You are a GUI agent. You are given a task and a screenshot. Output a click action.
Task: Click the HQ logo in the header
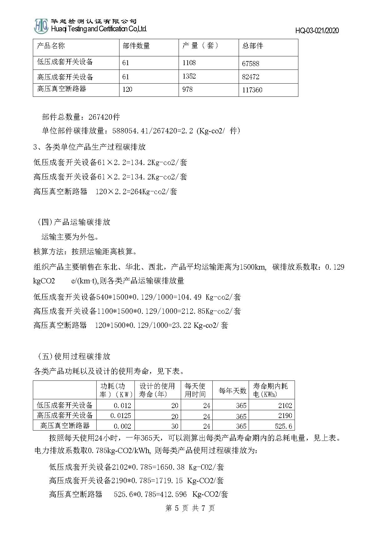(41, 26)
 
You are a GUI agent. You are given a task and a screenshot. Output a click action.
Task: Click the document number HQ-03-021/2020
(317, 31)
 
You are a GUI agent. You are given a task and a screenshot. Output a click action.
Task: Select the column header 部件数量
(136, 46)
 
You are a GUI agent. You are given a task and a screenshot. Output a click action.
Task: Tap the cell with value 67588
(251, 64)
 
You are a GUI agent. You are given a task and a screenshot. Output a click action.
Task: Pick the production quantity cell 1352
(189, 76)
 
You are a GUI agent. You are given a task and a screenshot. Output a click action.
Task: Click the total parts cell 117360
(252, 90)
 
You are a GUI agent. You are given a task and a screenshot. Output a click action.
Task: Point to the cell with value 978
(187, 90)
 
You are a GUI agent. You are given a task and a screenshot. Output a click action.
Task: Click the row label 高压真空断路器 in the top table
(62, 89)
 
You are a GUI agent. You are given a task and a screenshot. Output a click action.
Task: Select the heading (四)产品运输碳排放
(74, 222)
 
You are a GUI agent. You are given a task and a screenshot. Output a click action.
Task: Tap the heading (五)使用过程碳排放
(74, 356)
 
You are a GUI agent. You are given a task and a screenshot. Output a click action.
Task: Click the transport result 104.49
(189, 297)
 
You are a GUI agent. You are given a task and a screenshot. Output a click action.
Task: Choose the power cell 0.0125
(120, 416)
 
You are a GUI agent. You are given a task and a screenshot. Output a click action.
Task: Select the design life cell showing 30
(175, 426)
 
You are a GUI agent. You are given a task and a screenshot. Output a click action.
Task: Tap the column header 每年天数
(232, 391)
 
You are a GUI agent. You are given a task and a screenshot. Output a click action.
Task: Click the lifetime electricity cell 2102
(285, 406)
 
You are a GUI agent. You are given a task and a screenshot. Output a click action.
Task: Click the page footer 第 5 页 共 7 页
(190, 508)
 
